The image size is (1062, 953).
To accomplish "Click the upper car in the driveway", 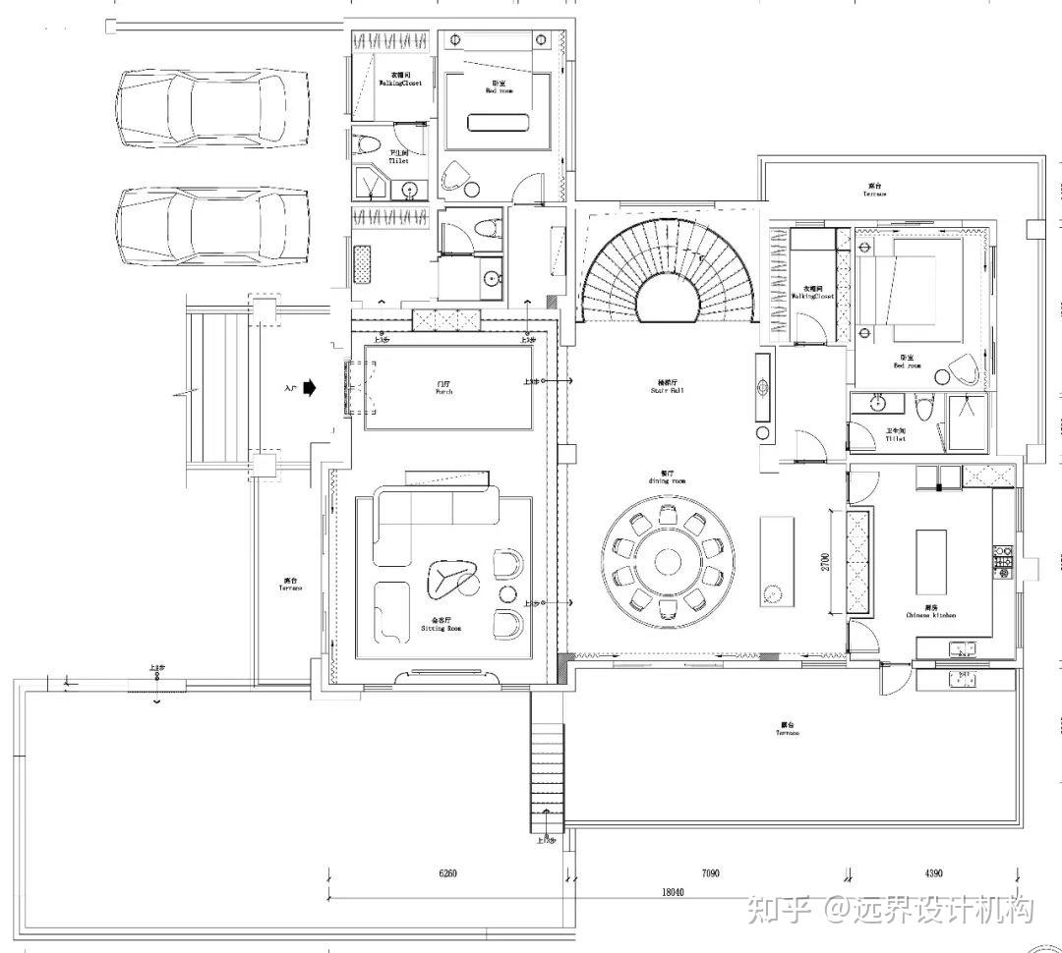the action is point(211,107).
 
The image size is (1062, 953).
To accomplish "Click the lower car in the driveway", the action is point(211,227).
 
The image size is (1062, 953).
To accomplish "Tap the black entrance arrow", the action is point(310,388).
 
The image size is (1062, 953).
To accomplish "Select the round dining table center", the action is point(669,562).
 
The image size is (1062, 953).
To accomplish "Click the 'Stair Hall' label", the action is point(666,389).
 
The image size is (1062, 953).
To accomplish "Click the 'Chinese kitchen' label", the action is point(930,614).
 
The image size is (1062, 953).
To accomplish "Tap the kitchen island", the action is point(931,561).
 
